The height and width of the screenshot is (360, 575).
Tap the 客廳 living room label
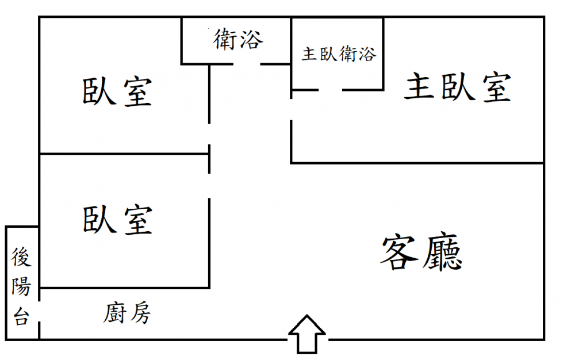421,252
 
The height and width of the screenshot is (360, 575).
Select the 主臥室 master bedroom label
458,87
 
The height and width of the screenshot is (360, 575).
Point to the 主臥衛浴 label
339,54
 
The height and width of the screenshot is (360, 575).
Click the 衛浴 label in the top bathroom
239,40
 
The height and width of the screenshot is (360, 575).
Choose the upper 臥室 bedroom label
117,91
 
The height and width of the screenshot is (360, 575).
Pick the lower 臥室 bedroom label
117,220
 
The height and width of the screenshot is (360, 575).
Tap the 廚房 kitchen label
127,313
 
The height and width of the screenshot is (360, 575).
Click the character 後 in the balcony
21,257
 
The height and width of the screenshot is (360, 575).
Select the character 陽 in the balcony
21,286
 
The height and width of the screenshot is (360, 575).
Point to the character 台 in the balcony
21,316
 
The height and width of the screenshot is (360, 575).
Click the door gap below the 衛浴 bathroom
247,64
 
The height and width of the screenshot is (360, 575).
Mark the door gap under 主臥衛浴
331,90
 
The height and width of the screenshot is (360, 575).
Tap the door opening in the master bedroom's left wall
291,109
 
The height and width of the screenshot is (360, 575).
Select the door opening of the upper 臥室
209,134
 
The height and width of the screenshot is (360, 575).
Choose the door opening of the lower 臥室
209,186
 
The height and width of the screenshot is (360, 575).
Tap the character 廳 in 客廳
442,252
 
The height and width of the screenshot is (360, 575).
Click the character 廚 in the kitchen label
114,313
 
